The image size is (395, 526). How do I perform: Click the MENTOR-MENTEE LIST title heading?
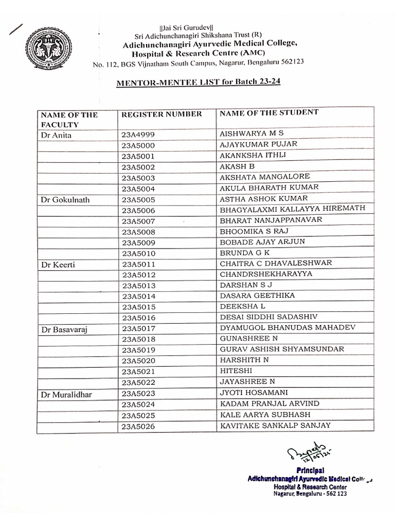tap(198, 82)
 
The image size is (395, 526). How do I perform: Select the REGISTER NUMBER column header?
tap(161, 114)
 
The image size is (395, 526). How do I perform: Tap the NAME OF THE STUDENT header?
tap(269, 112)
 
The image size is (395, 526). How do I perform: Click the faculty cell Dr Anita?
tap(57, 136)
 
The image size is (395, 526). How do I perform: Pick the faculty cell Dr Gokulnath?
tap(65, 200)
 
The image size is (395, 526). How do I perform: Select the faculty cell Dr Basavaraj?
tap(64, 329)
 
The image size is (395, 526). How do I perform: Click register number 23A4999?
tap(138, 136)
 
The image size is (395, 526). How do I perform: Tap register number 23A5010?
tap(138, 254)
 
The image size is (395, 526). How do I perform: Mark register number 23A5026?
tap(138, 426)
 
